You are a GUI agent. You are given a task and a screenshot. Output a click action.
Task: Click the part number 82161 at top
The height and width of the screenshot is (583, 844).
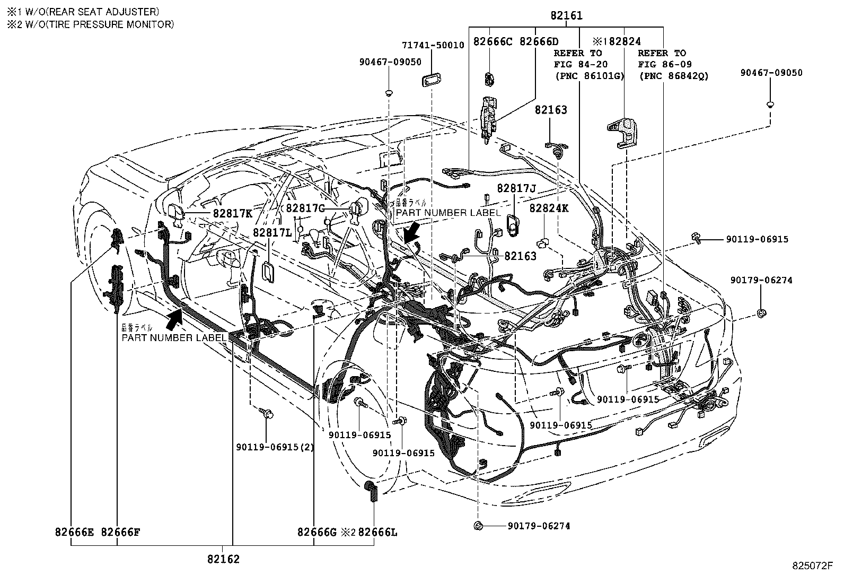point(566,16)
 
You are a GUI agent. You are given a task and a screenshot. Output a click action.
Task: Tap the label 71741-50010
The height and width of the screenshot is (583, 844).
point(433,45)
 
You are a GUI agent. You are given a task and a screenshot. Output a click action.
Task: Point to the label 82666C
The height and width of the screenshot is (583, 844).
point(493,41)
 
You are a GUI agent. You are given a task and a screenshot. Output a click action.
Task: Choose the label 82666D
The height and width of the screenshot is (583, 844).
point(539,41)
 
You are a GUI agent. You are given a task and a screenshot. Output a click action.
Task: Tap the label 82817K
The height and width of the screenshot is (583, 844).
point(232,213)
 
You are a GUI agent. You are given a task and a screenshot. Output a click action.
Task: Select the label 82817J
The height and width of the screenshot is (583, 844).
point(517,188)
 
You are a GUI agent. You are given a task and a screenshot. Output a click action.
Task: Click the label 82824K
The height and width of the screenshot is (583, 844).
point(549,208)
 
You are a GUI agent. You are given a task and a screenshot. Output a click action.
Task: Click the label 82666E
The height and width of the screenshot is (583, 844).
point(74,532)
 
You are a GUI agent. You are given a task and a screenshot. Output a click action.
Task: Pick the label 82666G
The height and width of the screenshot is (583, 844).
point(317,532)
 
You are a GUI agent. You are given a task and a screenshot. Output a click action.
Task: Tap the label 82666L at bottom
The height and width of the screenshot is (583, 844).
point(377,532)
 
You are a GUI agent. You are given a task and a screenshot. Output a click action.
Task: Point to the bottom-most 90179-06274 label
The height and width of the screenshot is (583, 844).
point(539,526)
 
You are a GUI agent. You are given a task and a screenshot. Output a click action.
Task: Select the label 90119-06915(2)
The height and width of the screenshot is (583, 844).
point(275,447)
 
